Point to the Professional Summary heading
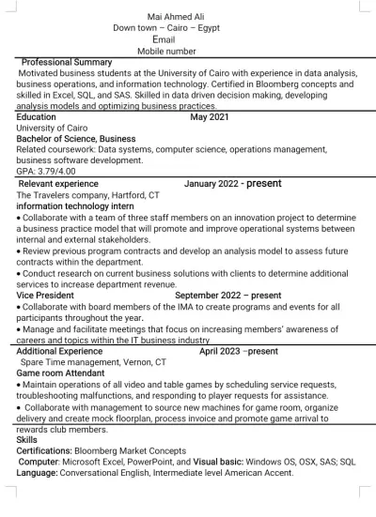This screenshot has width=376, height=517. [66, 62]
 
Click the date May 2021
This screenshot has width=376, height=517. [209, 117]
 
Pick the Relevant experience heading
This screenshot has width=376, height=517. [57, 184]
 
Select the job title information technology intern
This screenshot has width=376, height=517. [75, 205]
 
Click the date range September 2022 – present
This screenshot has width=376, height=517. [227, 295]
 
